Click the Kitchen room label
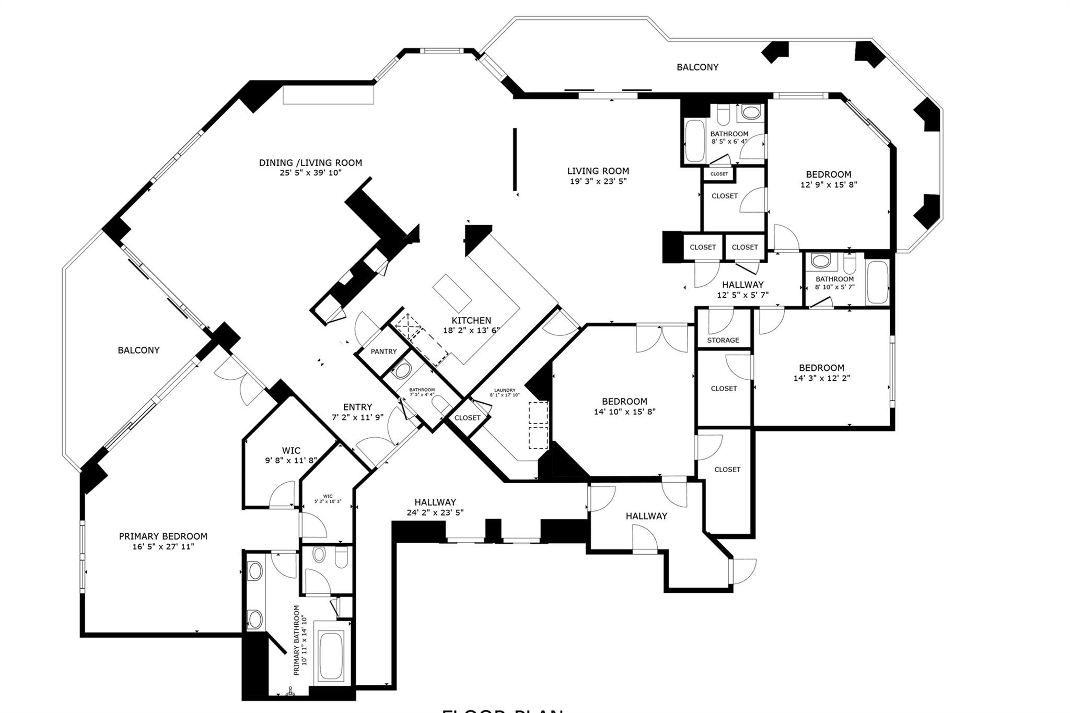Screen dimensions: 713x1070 471,320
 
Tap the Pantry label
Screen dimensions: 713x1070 383,352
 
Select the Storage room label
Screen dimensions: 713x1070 723,340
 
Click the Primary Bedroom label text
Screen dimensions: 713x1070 163,536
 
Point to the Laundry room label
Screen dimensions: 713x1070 505,390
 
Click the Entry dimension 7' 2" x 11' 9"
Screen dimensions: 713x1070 357,417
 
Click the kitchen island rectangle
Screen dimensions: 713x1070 452,293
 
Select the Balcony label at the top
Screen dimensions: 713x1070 697,67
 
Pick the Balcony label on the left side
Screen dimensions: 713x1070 138,350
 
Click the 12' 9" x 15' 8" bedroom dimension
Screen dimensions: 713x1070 829,184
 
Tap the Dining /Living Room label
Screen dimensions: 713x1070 310,162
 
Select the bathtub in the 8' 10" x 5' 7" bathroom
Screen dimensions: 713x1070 877,283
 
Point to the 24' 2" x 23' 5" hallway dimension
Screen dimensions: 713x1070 435,512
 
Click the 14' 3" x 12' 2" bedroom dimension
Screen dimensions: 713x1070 821,378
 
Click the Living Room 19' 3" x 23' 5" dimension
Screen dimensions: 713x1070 598,181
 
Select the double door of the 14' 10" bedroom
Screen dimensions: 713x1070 661,338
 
